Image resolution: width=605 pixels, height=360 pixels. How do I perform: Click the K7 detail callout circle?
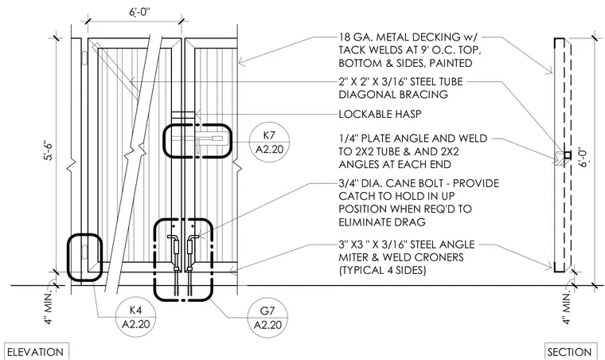[x=269, y=142]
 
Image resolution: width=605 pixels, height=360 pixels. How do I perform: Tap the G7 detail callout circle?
[x=267, y=318]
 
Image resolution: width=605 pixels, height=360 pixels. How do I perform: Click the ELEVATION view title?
[x=36, y=352]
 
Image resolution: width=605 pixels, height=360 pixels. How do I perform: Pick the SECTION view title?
[x=569, y=352]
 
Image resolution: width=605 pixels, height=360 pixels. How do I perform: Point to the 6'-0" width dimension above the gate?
[x=139, y=12]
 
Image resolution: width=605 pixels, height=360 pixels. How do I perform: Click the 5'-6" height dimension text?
[x=50, y=151]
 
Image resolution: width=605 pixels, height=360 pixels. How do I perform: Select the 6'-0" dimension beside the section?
[x=585, y=156]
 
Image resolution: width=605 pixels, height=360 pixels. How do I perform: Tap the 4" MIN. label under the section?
[x=566, y=308]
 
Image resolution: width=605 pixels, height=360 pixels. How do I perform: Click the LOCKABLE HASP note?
[x=380, y=114]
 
